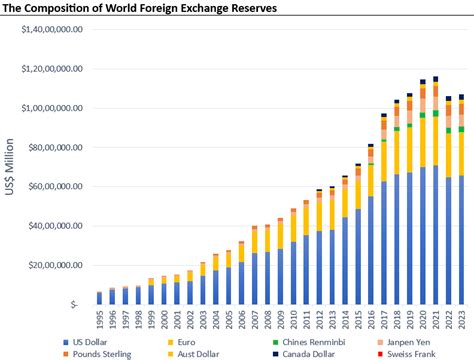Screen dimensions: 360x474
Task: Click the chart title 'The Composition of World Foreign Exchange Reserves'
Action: click(140, 8)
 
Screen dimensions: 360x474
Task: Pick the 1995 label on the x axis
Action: click(99, 320)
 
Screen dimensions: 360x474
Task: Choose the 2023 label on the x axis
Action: click(461, 320)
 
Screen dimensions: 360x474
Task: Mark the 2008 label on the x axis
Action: click(267, 320)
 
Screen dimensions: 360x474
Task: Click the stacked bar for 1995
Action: click(99, 298)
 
